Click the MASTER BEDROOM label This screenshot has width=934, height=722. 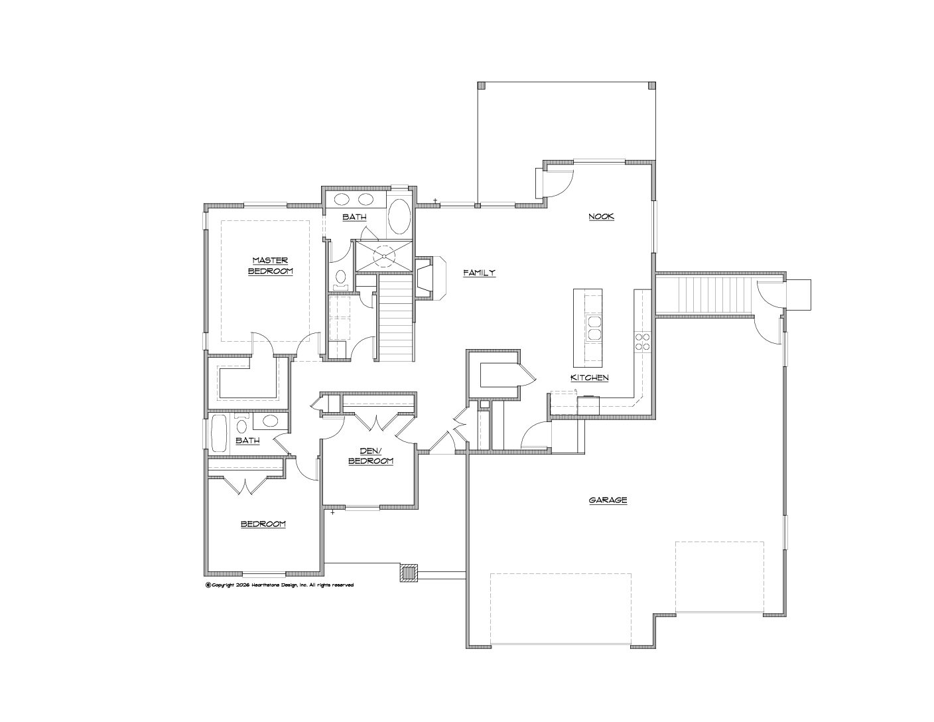coord(271,265)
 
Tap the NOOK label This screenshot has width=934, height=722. coord(601,216)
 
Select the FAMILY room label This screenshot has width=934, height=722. coord(479,273)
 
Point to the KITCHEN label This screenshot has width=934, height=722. coord(589,378)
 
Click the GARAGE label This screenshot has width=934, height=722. coord(608,500)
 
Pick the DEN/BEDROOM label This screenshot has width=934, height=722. coord(371,456)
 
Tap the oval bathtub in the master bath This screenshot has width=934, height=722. coord(399,216)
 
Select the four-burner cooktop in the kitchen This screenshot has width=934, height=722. coord(642,342)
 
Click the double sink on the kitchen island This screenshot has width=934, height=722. coord(593,328)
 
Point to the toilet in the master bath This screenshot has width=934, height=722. coord(341,279)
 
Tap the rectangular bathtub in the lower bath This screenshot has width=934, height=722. coord(218,433)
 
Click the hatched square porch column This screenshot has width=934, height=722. coord(409,573)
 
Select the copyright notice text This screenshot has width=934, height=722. coord(280,585)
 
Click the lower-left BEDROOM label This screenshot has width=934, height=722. coord(263,524)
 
